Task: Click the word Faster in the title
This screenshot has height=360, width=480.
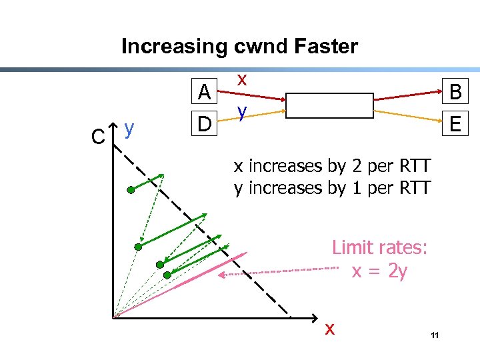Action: click(327, 47)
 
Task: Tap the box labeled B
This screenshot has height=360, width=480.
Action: click(456, 93)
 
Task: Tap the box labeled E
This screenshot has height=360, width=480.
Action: click(456, 123)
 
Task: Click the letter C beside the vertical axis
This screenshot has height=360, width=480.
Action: click(98, 137)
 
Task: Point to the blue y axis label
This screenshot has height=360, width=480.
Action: click(130, 127)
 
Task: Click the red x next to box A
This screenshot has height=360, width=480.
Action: click(243, 79)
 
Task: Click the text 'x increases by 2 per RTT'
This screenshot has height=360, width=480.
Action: click(333, 165)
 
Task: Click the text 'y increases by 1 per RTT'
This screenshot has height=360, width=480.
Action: click(333, 187)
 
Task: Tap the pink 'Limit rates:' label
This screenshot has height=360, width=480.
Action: click(379, 248)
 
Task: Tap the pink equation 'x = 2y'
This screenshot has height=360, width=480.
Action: click(379, 271)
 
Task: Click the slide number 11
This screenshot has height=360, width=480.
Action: click(434, 335)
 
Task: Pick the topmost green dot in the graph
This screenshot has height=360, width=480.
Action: click(131, 190)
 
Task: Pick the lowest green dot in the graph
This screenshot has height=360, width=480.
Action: click(167, 275)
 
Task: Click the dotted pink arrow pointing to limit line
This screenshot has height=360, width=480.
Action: click(280, 271)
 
